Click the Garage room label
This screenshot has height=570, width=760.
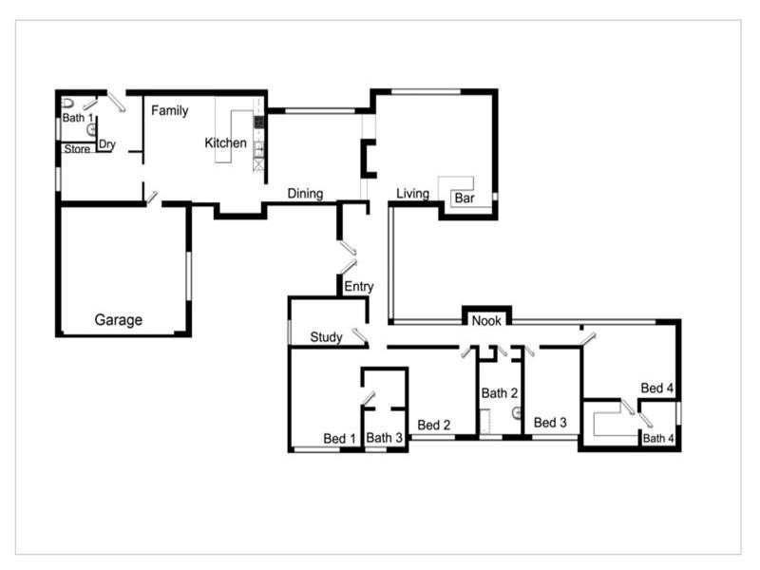point(118,320)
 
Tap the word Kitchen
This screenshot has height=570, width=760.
point(226,143)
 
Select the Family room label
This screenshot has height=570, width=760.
point(170,111)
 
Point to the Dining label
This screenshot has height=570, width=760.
point(306,194)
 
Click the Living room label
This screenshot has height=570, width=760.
point(412,194)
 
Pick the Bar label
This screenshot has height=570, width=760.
point(464,199)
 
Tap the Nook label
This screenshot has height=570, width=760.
point(486,322)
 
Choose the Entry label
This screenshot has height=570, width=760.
point(358,287)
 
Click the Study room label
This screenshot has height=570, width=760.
point(326,337)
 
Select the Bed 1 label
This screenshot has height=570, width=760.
point(339,439)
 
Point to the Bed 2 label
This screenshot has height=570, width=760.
point(433,425)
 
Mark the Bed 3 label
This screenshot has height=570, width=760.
point(550,423)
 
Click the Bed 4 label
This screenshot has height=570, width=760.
point(656,389)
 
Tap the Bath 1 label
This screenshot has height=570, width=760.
point(75,119)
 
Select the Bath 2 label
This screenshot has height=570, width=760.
point(499,393)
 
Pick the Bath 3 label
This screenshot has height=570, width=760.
point(385,439)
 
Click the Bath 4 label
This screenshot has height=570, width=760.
point(660,439)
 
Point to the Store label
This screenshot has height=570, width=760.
point(77,149)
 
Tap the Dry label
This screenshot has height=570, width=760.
point(107,145)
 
